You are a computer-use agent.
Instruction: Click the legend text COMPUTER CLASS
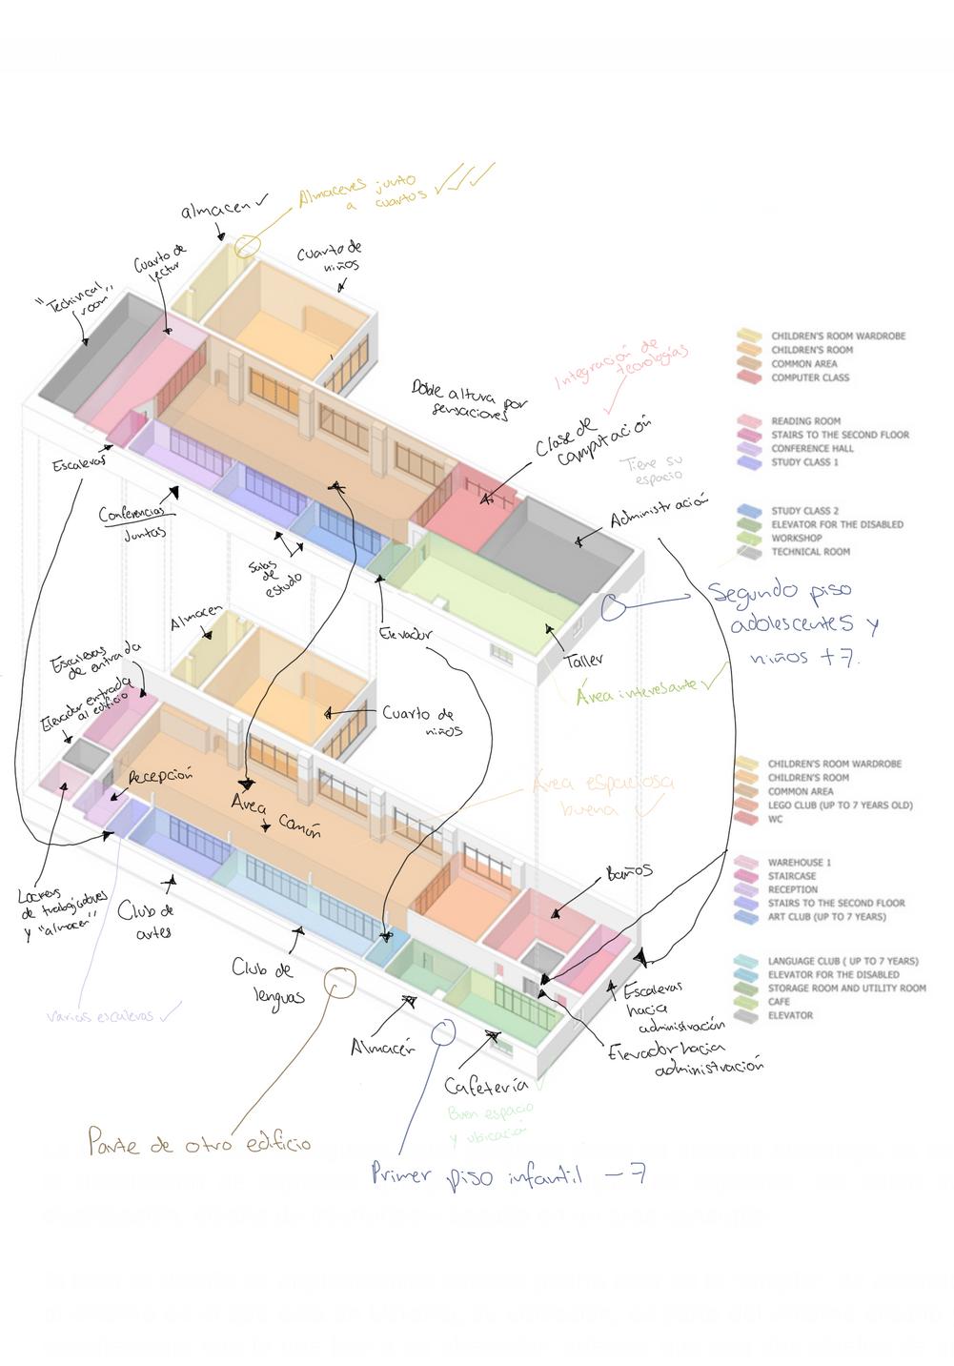809,378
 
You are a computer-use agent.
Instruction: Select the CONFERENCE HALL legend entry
812,449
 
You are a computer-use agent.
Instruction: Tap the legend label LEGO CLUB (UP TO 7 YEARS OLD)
840,805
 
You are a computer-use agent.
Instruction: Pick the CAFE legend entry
779,1002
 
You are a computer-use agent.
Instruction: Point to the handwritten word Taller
583,660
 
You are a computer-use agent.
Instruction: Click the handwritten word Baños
629,871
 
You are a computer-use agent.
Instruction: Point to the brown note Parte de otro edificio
198,1141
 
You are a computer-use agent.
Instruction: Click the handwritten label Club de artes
148,921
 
